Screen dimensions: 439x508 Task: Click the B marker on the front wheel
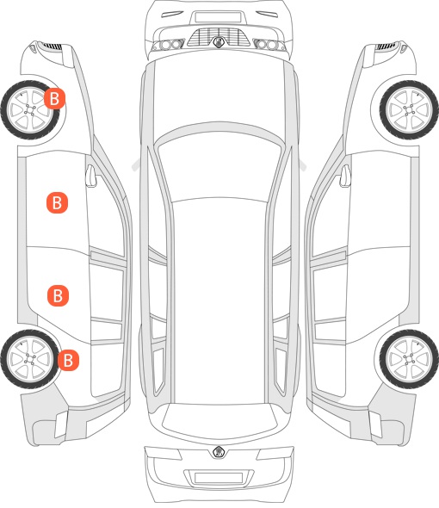[x=54, y=98]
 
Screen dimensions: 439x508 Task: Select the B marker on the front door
[x=57, y=203]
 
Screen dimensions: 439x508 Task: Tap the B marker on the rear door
[x=58, y=295]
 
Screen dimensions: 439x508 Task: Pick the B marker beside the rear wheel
[x=68, y=360]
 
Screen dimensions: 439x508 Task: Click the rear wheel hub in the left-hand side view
[x=30, y=359]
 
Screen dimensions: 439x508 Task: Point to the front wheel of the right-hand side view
[x=409, y=110]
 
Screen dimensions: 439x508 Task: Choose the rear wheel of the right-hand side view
[x=409, y=359]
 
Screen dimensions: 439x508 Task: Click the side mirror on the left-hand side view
[x=91, y=176]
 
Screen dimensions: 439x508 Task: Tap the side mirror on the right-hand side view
[x=345, y=176]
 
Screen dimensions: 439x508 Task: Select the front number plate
[x=218, y=17]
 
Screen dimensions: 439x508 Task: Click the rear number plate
[x=219, y=478]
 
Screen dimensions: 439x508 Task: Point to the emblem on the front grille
[x=219, y=42]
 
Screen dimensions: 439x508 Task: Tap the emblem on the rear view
[x=219, y=452]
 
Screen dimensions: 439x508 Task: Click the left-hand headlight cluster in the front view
[x=169, y=45]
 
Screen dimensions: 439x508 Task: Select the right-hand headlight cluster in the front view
[x=269, y=45]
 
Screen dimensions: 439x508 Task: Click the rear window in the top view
[x=219, y=418]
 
